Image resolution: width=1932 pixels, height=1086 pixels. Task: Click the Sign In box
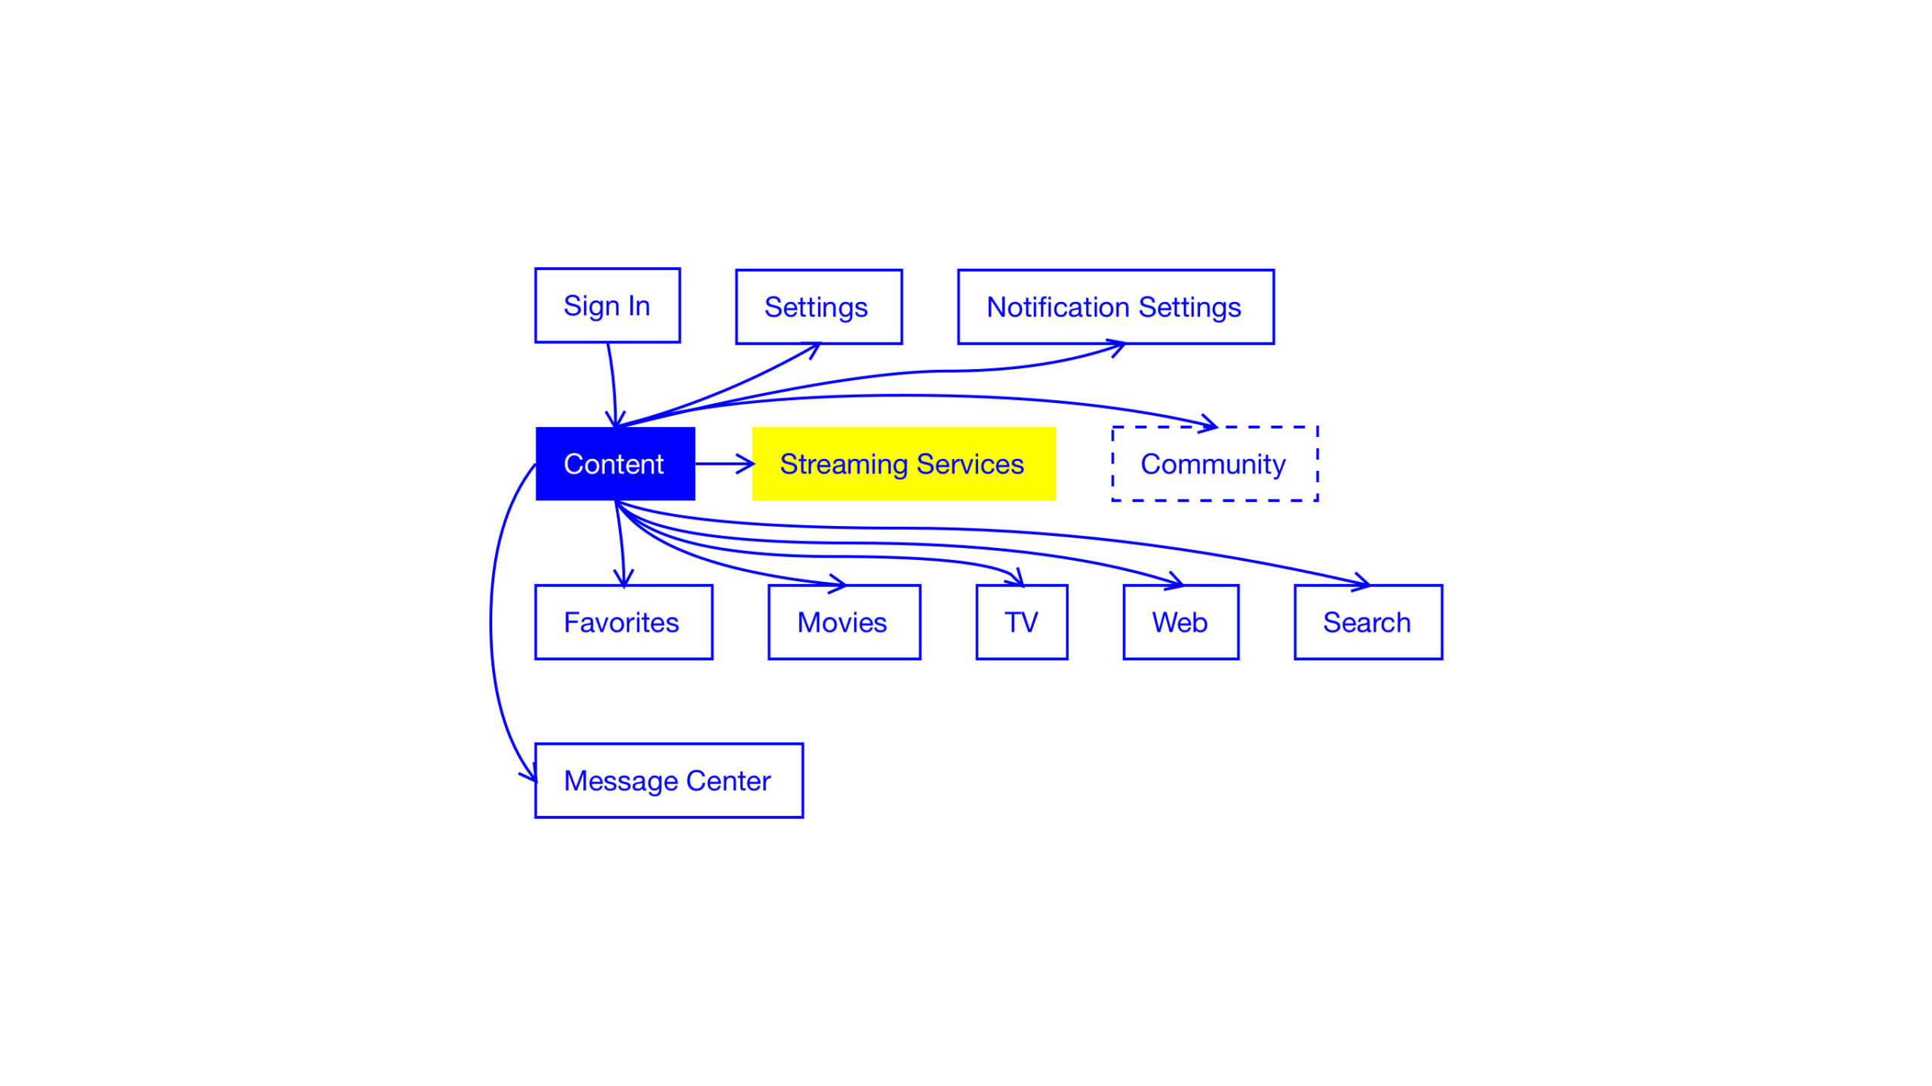[x=608, y=305]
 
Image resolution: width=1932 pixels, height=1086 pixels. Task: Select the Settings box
[x=819, y=306]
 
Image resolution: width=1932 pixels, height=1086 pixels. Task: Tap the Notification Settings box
[x=1115, y=306]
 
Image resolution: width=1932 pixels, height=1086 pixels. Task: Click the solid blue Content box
[x=615, y=463]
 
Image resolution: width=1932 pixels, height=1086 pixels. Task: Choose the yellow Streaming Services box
[x=903, y=463]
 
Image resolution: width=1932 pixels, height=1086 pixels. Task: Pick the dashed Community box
[x=1215, y=463]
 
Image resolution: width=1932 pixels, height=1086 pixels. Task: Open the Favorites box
[x=623, y=622]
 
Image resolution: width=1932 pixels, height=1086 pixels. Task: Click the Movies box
[x=844, y=622]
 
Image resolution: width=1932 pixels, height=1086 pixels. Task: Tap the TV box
[x=1022, y=622]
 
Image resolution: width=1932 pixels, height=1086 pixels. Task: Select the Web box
[x=1181, y=622]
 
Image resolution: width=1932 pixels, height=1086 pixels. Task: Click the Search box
[x=1368, y=622]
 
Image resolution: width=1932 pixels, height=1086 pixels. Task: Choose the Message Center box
[x=669, y=780]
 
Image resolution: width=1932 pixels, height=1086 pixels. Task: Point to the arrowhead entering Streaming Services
[x=747, y=463]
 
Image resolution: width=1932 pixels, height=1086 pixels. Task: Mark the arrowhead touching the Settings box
[x=813, y=349]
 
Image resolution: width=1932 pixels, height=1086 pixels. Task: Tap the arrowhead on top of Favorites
[x=623, y=578]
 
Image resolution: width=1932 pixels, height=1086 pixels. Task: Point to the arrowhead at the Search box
[x=1361, y=581]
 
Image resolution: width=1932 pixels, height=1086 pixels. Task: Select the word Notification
[x=1058, y=306]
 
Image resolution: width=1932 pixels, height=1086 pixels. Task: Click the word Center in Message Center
[x=728, y=780]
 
